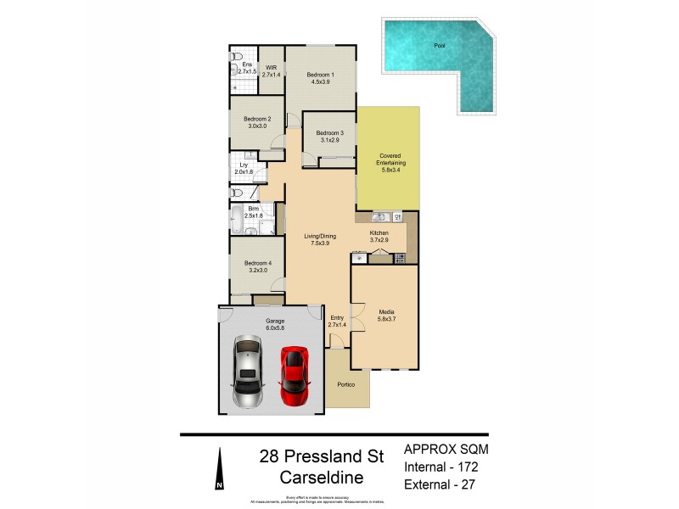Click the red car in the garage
pyautogui.click(x=293, y=374)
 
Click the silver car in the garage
pyautogui.click(x=247, y=372)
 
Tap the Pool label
pyautogui.click(x=440, y=45)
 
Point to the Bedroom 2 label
pyautogui.click(x=257, y=122)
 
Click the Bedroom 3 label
pyautogui.click(x=329, y=137)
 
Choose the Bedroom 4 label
pyautogui.click(x=257, y=266)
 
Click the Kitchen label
pyautogui.click(x=379, y=236)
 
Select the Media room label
pyautogui.click(x=387, y=316)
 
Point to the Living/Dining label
pyautogui.click(x=319, y=240)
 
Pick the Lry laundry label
pyautogui.click(x=243, y=168)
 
